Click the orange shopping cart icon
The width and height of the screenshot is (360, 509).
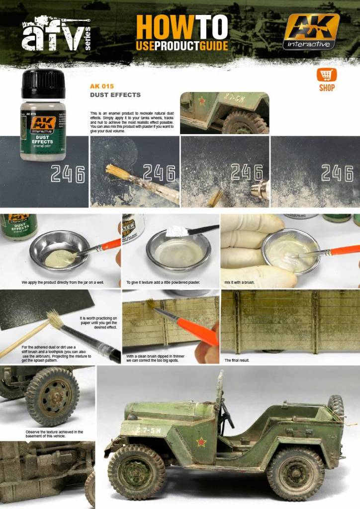coord(326,75)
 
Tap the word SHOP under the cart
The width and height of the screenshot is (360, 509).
coord(327,88)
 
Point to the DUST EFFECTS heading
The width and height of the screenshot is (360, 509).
coord(115,94)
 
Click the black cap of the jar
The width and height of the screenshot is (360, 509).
coord(43,84)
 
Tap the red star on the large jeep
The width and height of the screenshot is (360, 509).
coord(201,441)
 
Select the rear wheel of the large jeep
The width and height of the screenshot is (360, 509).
coord(295,473)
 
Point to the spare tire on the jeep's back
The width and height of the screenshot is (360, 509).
coord(336,407)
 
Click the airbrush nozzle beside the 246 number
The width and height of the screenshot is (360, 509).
coord(261,190)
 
